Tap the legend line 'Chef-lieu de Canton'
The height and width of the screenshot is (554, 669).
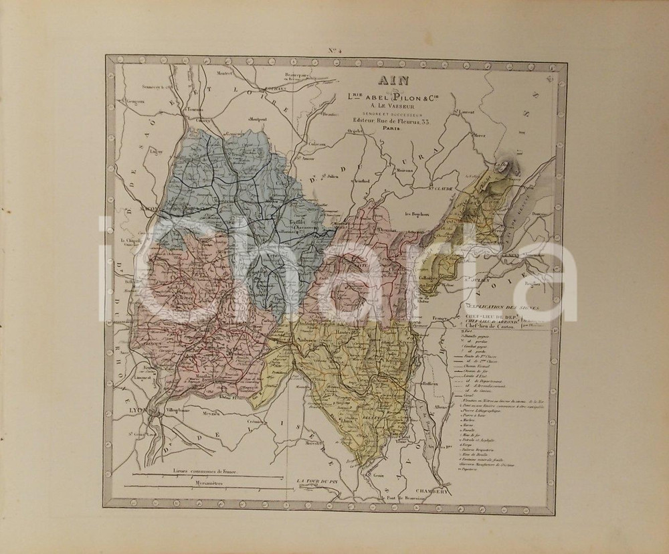(488, 328)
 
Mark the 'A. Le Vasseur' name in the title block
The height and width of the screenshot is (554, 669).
(384, 104)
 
